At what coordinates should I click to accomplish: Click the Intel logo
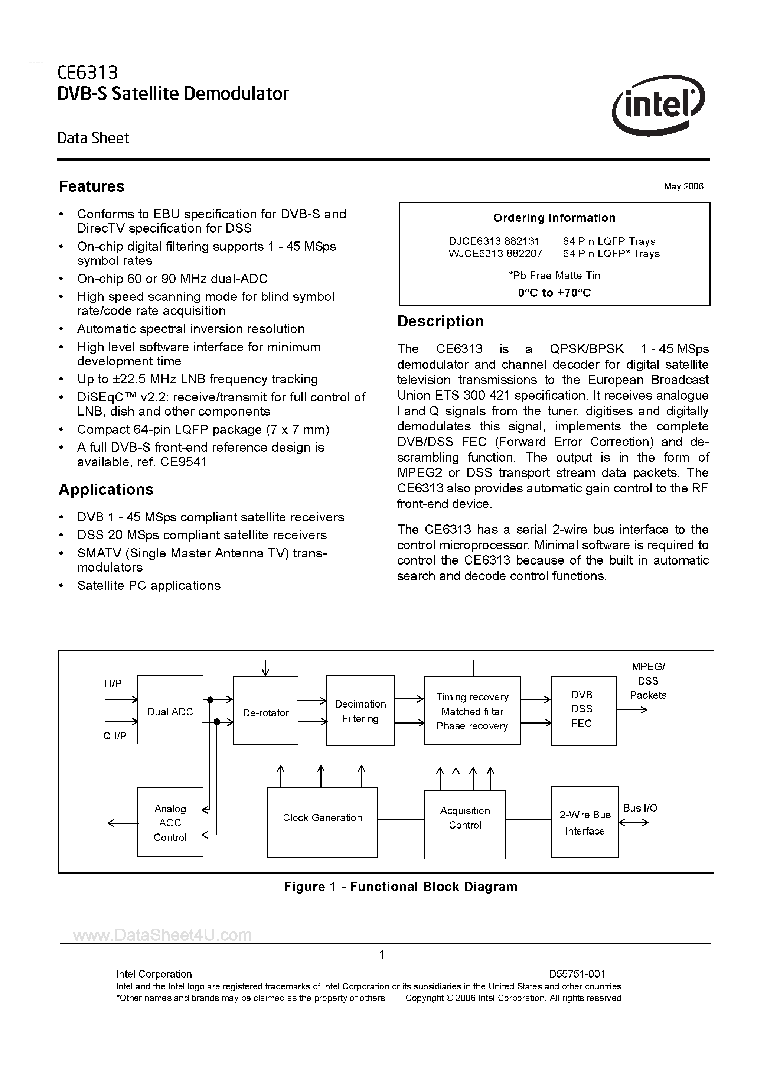pos(658,105)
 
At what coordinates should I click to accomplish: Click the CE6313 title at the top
pos(88,72)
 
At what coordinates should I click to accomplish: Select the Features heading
pos(91,186)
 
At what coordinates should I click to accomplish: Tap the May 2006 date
pos(683,186)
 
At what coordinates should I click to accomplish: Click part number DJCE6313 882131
pos(494,241)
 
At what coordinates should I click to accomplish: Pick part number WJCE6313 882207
pos(495,254)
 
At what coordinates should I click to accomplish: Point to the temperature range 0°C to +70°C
pos(554,293)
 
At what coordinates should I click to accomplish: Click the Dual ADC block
pos(170,712)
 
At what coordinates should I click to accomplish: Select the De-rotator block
pos(266,713)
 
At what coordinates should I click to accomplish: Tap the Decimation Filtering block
pos(360,711)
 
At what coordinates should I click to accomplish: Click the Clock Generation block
pos(323,818)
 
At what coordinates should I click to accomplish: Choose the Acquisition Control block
pos(465,818)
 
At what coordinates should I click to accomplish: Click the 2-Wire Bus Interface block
pos(585,823)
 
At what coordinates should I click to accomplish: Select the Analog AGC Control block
pos(170,823)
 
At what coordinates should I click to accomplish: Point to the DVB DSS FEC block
pos(583,709)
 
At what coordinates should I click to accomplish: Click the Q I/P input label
pos(115,736)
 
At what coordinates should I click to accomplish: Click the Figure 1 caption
pos(401,887)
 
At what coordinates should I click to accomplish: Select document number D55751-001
pos(577,974)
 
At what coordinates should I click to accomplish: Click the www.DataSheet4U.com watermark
pos(162,934)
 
